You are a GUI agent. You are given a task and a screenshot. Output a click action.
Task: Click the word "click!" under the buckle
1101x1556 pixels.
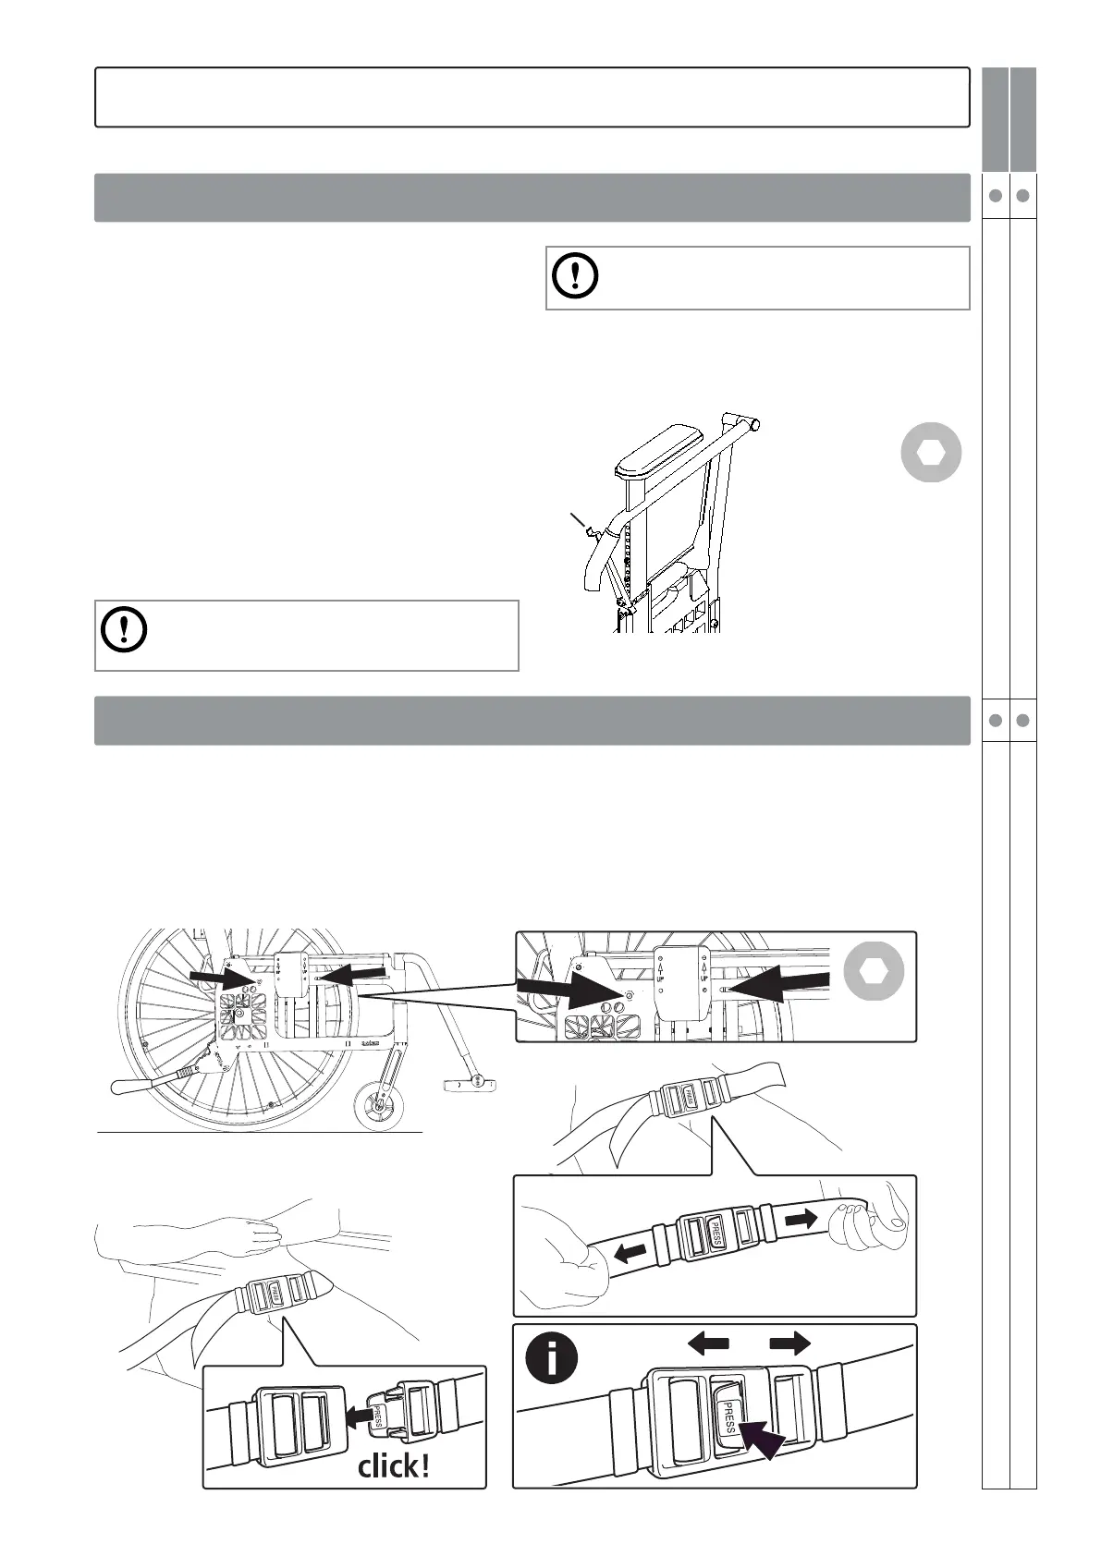[x=393, y=1465]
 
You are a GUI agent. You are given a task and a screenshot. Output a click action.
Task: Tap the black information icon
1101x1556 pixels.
[x=552, y=1358]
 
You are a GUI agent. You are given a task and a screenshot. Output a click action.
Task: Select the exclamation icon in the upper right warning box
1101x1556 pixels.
[x=575, y=275]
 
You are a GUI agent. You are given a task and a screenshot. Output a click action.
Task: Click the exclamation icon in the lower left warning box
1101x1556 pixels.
[x=123, y=628]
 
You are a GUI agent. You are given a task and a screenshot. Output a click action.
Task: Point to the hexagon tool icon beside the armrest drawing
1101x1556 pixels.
[x=931, y=453]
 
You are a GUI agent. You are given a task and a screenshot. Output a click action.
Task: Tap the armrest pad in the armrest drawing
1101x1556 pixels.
[x=659, y=456]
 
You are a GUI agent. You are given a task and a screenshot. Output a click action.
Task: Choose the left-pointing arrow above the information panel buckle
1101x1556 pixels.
[x=709, y=1343]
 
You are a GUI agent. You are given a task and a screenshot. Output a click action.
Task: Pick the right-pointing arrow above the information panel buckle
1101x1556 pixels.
[x=789, y=1343]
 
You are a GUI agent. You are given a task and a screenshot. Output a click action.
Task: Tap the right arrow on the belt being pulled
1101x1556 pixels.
[x=801, y=1220]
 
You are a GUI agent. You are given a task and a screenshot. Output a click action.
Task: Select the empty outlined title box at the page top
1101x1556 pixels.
[x=532, y=97]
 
